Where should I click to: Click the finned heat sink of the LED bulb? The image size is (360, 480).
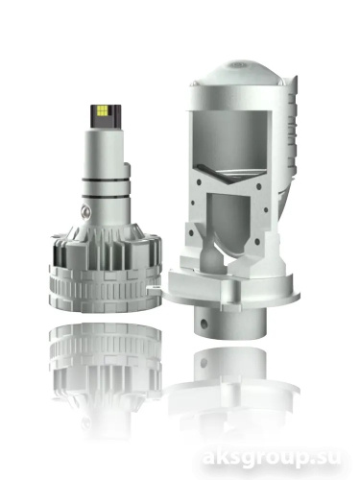click(x=106, y=250)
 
